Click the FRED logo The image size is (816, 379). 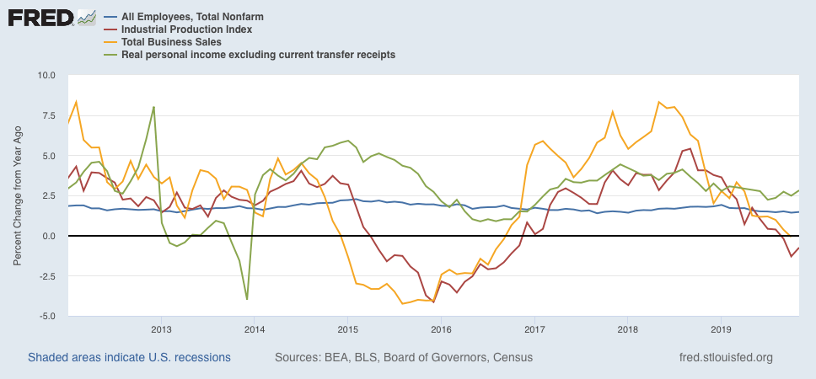tap(51, 18)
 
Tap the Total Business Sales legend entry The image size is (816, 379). tap(171, 41)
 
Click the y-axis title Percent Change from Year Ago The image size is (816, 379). tap(18, 195)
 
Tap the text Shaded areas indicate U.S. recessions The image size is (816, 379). tap(129, 358)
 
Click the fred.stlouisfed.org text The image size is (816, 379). tap(726, 358)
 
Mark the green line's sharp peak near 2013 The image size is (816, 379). tap(154, 107)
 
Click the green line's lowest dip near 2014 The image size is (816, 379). tap(247, 299)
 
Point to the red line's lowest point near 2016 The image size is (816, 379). tap(433, 302)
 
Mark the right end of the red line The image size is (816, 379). tap(799, 248)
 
